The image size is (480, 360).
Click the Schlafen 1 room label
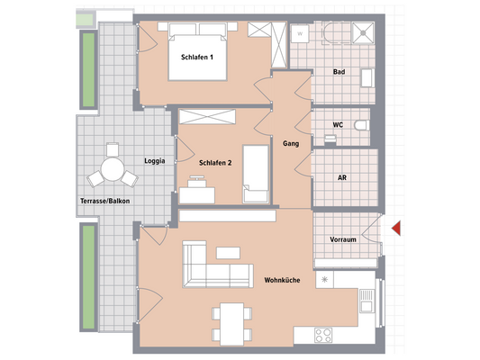pos(197,58)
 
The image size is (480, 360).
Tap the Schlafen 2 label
pos(216,162)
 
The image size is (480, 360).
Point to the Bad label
pos(339,71)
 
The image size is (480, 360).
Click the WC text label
pos(337,126)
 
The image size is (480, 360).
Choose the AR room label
pos(342,178)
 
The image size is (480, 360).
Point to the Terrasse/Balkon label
pos(104,201)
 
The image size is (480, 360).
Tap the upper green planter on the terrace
pos(88,69)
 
